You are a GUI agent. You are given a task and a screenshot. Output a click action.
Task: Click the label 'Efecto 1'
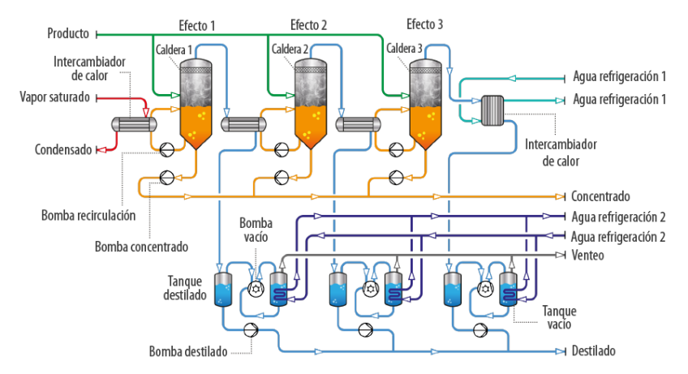click(x=197, y=25)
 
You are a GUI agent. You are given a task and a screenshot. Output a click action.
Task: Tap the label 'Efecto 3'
click(x=424, y=25)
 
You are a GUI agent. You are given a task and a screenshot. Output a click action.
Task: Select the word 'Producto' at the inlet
click(x=68, y=34)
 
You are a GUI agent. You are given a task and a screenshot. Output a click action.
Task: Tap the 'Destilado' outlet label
click(x=594, y=351)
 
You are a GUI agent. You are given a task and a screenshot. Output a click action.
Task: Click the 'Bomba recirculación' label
click(x=88, y=216)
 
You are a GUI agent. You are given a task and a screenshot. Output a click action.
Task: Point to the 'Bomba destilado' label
click(x=187, y=352)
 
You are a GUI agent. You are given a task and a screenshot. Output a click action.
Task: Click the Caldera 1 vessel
click(x=195, y=101)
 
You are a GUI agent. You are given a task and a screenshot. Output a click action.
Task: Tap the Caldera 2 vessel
click(x=311, y=101)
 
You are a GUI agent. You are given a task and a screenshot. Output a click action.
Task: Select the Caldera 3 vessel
click(x=426, y=101)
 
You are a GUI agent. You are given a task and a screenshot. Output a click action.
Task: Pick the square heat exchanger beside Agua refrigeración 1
click(x=492, y=110)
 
